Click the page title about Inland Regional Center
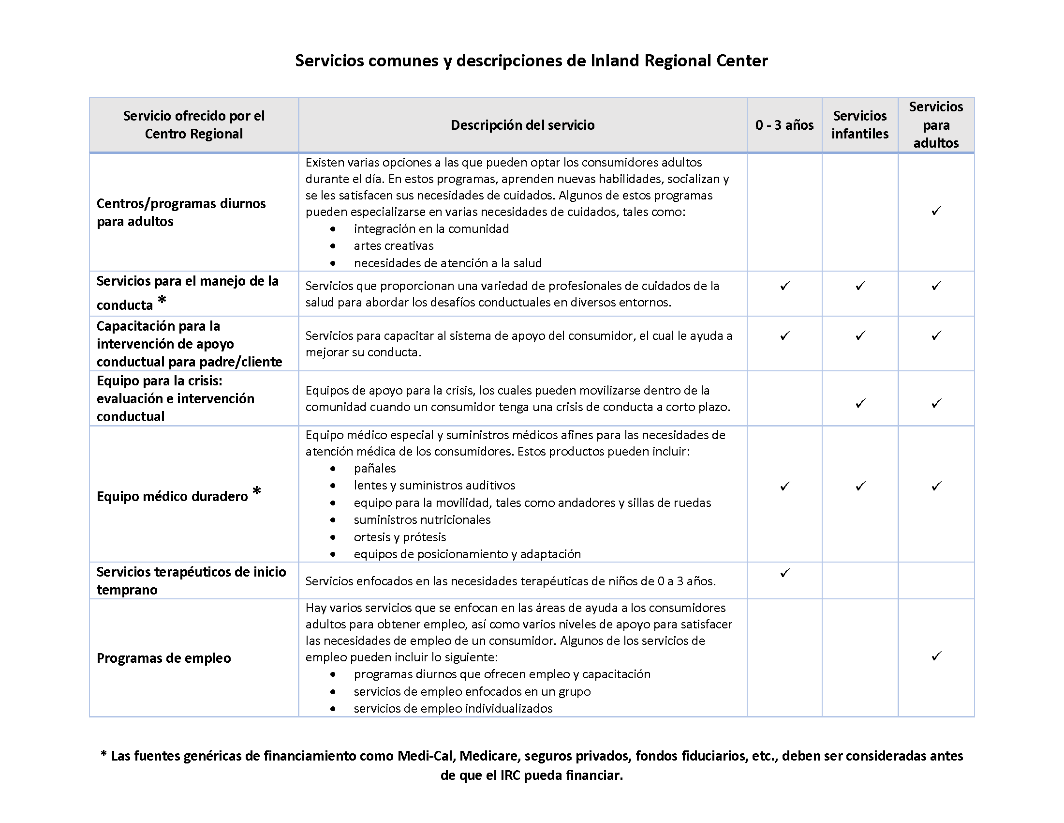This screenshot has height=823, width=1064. click(531, 61)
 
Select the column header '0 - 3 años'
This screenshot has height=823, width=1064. click(784, 125)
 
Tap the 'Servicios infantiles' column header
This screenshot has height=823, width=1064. click(859, 125)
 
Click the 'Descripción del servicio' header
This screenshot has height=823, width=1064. click(522, 125)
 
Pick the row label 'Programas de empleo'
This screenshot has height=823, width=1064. click(163, 658)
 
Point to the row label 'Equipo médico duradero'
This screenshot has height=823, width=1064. click(172, 496)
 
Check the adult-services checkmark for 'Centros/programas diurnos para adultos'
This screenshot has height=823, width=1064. click(936, 211)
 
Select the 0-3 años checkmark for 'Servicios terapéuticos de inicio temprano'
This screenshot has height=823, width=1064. click(784, 572)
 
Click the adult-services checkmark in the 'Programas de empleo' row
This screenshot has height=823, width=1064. click(936, 656)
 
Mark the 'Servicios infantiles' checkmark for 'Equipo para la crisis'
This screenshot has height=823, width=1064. click(860, 403)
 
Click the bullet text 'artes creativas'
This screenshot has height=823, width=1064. click(393, 246)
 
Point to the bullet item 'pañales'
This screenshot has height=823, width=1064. click(375, 468)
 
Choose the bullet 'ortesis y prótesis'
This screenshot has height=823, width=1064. click(399, 537)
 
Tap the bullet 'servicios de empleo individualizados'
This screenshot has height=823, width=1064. click(453, 708)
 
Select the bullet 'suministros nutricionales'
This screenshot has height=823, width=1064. click(422, 519)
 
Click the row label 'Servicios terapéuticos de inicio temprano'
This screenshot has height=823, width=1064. click(191, 580)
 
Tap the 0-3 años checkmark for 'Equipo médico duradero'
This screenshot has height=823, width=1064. click(784, 486)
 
